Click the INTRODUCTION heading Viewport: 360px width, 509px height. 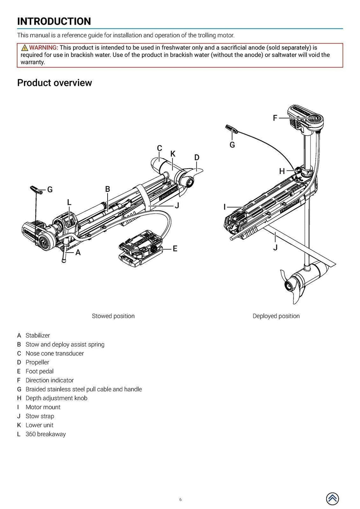[x=54, y=21]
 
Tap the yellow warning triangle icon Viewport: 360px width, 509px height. [x=24, y=48]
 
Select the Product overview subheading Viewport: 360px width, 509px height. [x=54, y=83]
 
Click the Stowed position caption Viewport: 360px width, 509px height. [x=113, y=316]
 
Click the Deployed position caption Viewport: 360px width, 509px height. [x=276, y=316]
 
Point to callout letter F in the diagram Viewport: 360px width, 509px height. [x=275, y=118]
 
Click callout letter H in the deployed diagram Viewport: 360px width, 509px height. [x=282, y=171]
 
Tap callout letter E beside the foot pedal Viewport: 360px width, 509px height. [x=175, y=249]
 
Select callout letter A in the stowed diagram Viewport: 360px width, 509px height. [x=78, y=252]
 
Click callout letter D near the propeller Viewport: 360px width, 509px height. [x=197, y=157]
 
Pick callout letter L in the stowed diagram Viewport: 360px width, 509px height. [x=69, y=202]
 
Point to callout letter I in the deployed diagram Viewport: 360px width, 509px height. [x=225, y=207]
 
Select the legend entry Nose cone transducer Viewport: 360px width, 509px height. [x=54, y=353]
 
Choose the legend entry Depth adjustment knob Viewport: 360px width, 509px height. [x=56, y=398]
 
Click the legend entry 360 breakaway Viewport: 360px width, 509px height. [x=45, y=434]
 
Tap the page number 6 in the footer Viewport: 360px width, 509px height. [x=180, y=500]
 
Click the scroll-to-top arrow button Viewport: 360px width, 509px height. [x=332, y=498]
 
